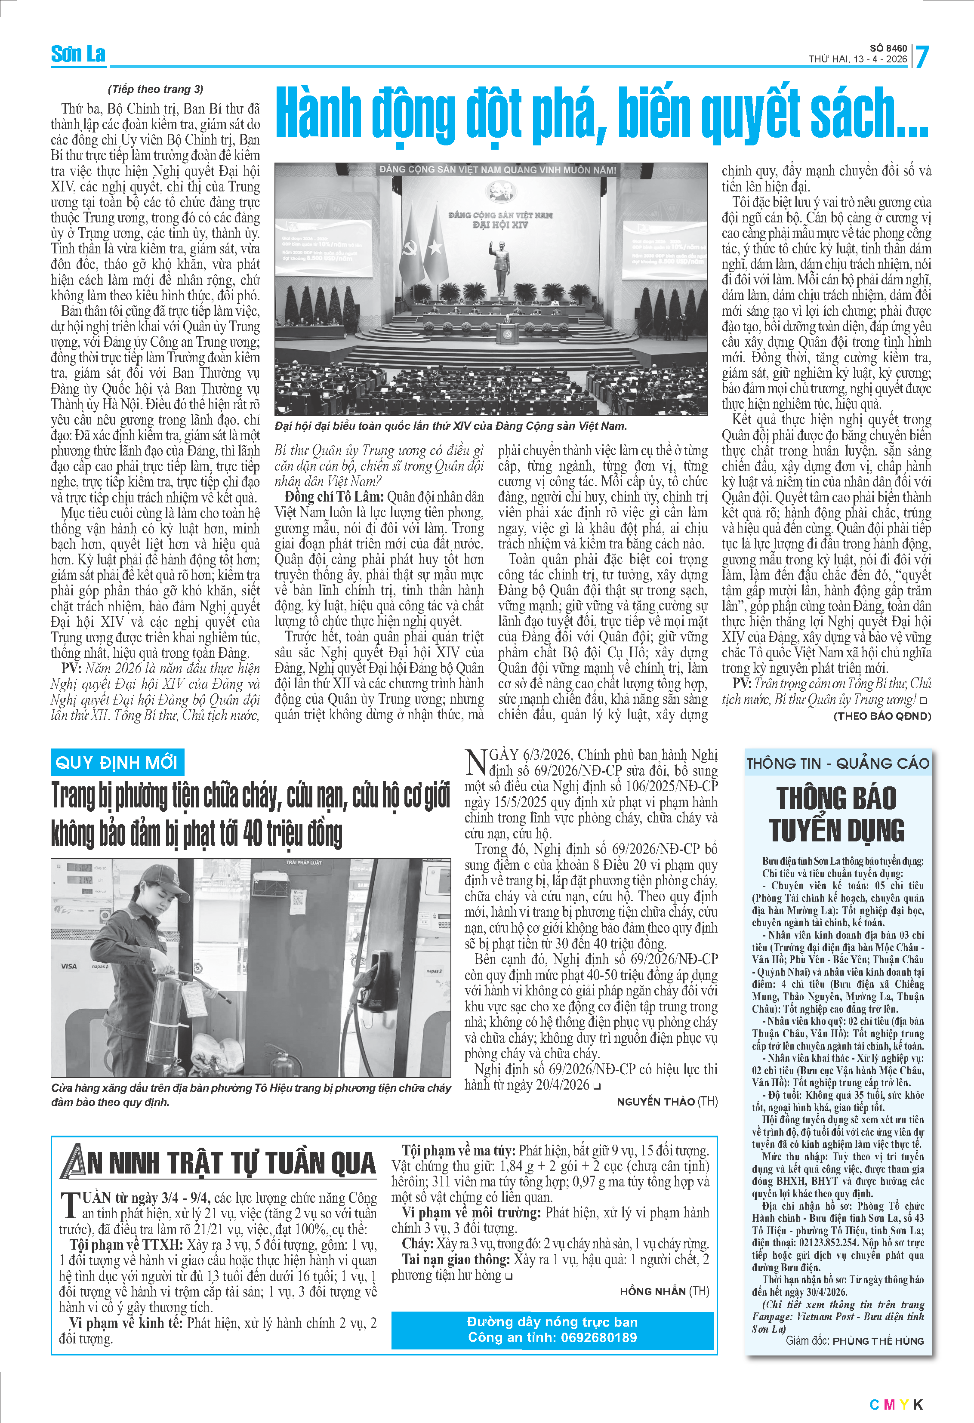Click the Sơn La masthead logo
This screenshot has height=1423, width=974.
(x=78, y=55)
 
